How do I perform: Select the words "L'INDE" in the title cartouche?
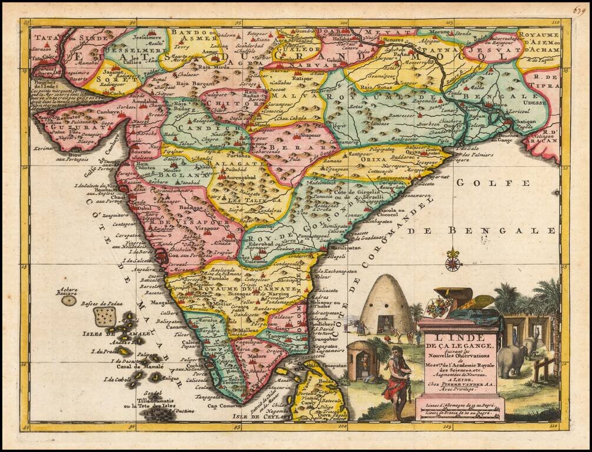460,337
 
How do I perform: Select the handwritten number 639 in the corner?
580,10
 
